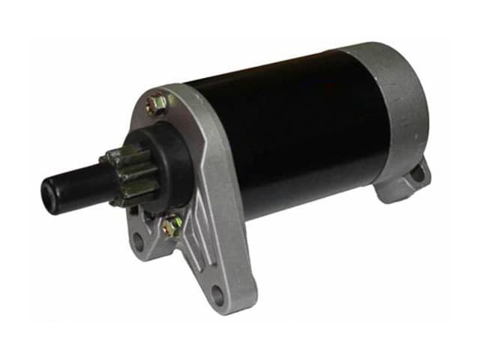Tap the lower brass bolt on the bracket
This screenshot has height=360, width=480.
[172, 224]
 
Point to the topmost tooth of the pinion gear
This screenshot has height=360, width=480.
[120, 152]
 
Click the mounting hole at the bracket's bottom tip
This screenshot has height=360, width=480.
[217, 295]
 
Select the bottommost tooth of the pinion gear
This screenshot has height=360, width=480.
[124, 202]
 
